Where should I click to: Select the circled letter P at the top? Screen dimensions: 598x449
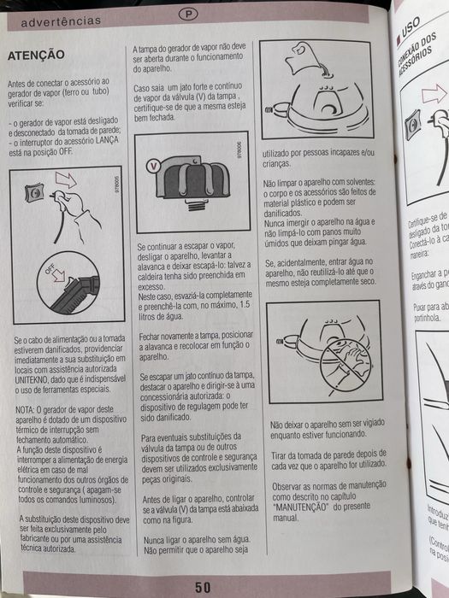click(x=187, y=14)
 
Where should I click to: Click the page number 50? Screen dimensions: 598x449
click(x=203, y=587)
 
